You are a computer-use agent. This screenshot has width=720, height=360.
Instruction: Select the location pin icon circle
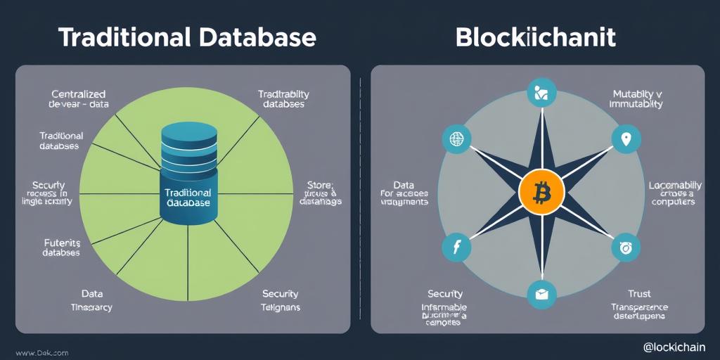626,139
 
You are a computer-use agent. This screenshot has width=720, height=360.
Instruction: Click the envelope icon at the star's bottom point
541,295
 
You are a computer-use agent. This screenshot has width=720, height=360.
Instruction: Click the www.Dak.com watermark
41,352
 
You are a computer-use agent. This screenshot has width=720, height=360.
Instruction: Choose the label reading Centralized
79,94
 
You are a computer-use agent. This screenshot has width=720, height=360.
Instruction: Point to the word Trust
639,294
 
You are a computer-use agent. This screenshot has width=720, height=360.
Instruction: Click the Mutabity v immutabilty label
637,98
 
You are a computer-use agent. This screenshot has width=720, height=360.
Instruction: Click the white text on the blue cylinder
188,197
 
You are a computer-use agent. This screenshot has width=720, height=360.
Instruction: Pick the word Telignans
281,307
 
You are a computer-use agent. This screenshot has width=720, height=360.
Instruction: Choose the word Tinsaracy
91,307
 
